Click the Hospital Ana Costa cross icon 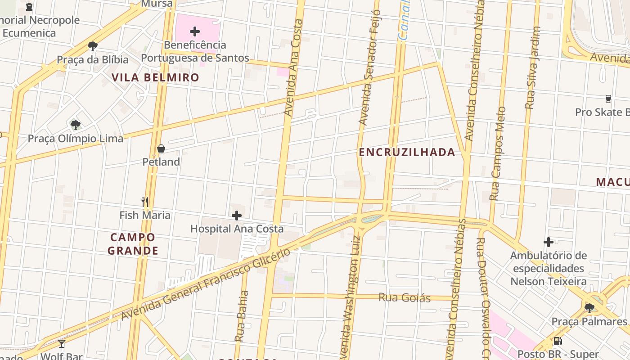coord(236,216)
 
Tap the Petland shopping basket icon coord(161,148)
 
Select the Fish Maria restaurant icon coord(145,202)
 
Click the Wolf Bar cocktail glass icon coord(62,344)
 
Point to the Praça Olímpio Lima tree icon coord(75,125)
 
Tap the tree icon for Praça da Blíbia coord(93,46)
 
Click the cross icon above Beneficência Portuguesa coord(195,31)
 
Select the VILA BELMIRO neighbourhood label coord(155,77)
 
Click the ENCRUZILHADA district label coord(407,153)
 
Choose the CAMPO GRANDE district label coord(133,244)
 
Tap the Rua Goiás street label coord(405,297)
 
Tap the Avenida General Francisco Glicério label coord(206,284)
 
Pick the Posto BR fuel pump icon coord(558,341)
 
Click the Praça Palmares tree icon coord(589,308)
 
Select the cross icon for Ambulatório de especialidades coord(548,242)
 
